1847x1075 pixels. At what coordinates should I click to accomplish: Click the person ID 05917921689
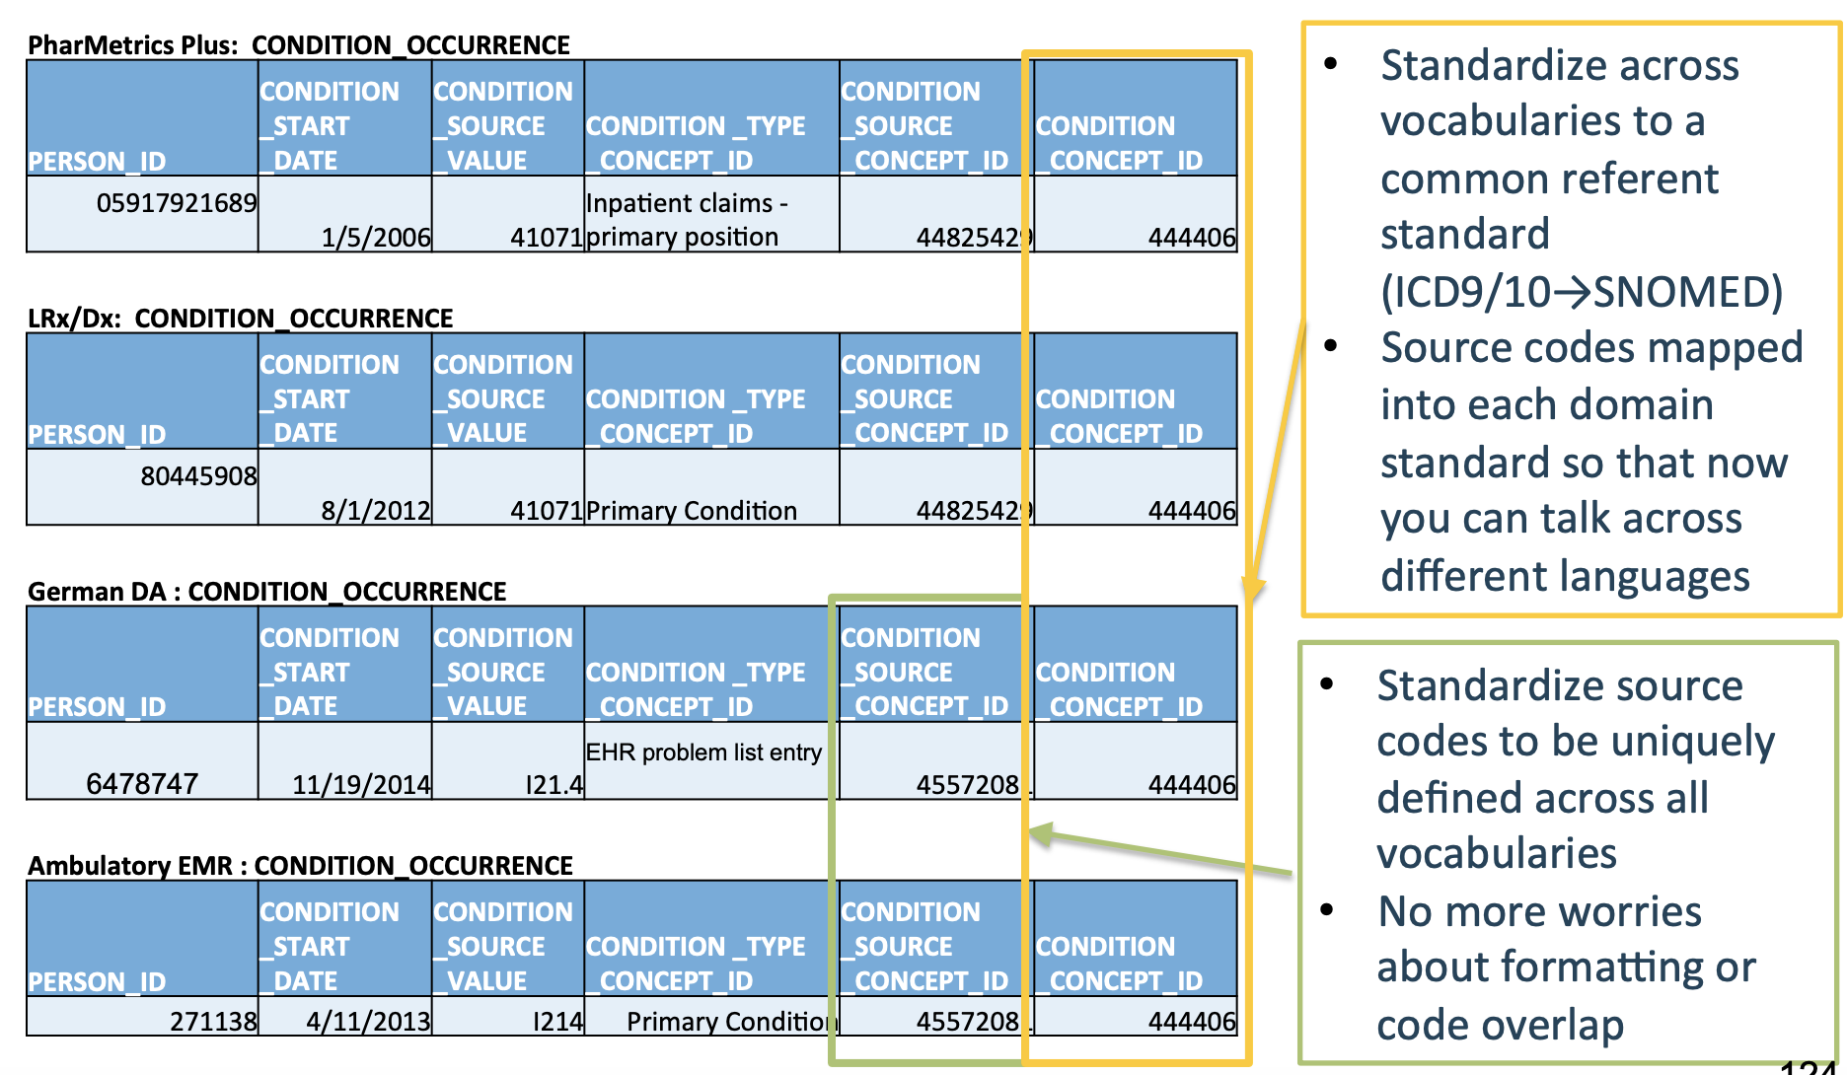176,203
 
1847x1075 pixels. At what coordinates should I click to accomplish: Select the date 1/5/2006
376,238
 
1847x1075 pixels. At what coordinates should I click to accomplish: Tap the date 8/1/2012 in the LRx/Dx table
376,511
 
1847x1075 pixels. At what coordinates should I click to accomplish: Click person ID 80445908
198,476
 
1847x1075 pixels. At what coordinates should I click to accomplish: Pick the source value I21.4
554,785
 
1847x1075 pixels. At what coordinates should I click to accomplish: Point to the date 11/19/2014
361,785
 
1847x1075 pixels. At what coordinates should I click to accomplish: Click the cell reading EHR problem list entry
702,752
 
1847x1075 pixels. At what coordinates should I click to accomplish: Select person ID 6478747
142,784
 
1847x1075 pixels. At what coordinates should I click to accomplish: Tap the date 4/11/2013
368,1022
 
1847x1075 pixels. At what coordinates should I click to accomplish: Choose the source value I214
557,1022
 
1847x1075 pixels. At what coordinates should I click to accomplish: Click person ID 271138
213,1022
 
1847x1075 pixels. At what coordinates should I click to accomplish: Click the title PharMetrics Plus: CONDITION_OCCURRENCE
298,45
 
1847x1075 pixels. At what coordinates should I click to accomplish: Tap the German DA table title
266,592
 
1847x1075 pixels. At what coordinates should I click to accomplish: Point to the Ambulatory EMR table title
300,866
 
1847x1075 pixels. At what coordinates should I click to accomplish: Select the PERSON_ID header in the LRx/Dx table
97,434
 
